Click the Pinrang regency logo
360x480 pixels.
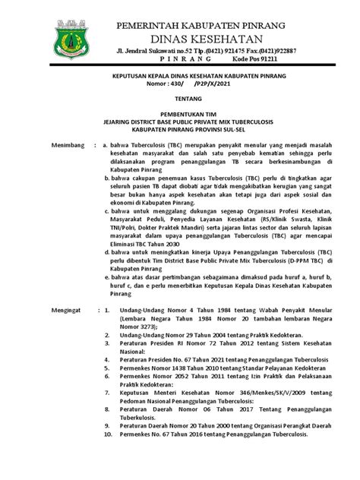tap(70, 42)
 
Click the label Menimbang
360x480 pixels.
tap(48, 144)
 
